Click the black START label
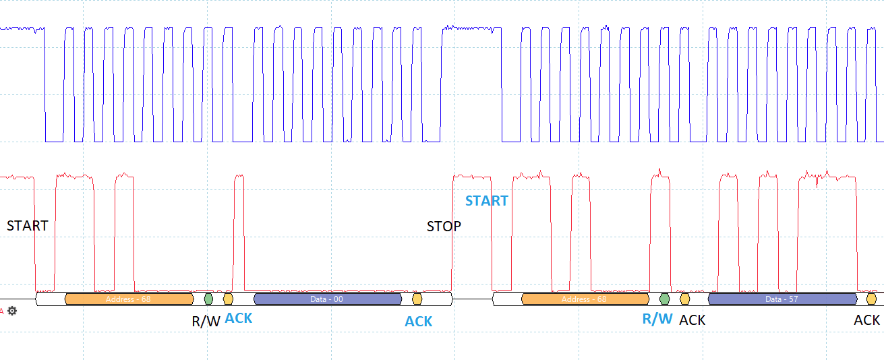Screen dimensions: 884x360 pos(27,226)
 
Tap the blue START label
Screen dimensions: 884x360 pos(487,201)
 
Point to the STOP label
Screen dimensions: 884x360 pos(444,227)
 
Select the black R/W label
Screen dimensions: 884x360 pos(206,322)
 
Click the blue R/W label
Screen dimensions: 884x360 pos(657,319)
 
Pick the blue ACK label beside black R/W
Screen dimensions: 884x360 pos(239,318)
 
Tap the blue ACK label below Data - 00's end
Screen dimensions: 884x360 pos(418,322)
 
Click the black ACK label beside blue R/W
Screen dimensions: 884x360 pos(693,320)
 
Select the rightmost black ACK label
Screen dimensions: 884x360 pos(867,320)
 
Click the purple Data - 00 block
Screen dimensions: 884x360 pos(328,299)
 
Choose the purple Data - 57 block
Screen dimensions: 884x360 pos(783,299)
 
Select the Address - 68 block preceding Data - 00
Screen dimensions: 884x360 pos(129,299)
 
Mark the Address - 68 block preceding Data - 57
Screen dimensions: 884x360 pos(585,299)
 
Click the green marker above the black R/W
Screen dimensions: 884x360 pos(208,299)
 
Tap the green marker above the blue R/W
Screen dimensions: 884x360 pos(665,299)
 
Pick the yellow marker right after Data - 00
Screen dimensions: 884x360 pos(417,299)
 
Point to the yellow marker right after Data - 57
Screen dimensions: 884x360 pos(871,299)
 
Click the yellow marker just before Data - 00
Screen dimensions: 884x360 pos(228,299)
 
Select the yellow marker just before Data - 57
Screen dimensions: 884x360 pos(684,299)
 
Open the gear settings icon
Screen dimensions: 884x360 pos(12,311)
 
